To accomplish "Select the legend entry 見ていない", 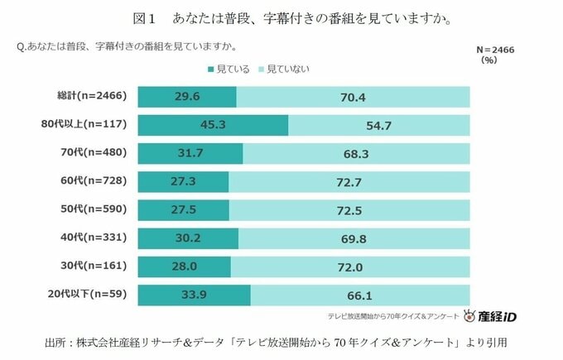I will click(285, 69).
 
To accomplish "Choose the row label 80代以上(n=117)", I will click(83, 125).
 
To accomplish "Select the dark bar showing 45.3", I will click(213, 125).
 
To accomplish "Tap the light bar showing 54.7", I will click(379, 125).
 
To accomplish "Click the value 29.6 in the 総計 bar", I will click(188, 97).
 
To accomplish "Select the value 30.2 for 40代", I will click(189, 238).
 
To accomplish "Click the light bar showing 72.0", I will click(354, 266).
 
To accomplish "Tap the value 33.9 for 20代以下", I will click(194, 295).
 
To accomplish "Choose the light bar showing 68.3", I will click(357, 154).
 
